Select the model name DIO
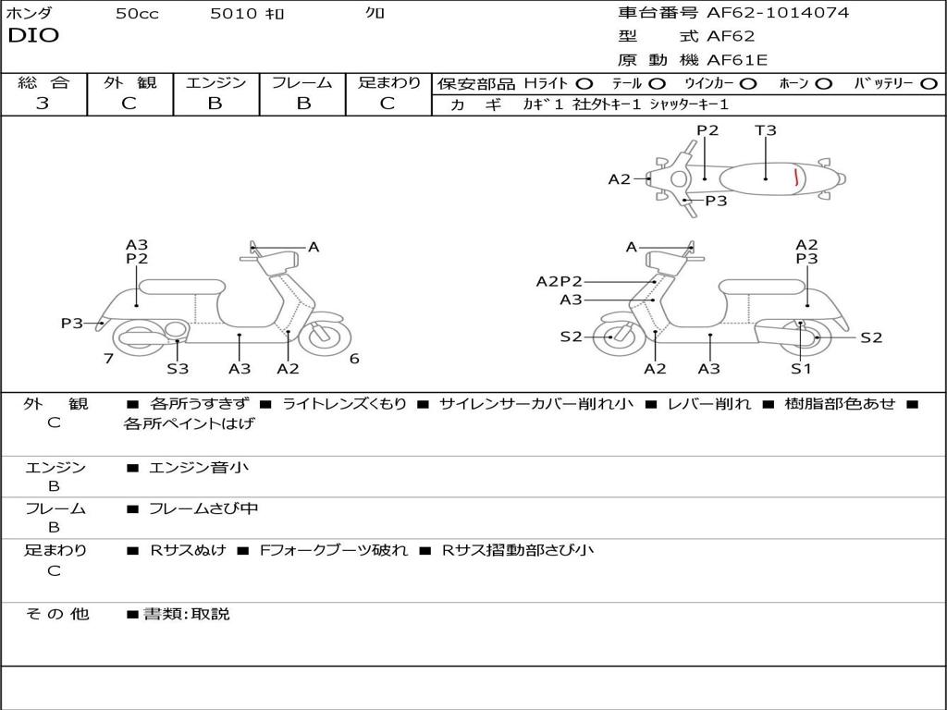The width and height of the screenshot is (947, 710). click(33, 36)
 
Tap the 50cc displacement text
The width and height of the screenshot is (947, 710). click(137, 14)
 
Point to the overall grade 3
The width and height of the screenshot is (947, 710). click(43, 104)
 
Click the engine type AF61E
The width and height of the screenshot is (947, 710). click(737, 61)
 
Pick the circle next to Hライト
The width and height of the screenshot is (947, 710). click(584, 83)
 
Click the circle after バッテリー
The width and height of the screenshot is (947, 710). click(929, 83)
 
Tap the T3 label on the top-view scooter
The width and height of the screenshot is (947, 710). click(766, 130)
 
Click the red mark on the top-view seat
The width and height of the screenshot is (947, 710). click(796, 177)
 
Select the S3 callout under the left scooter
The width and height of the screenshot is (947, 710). click(178, 369)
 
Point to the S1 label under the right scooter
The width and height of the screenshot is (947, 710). click(801, 369)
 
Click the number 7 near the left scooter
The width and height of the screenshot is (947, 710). click(108, 359)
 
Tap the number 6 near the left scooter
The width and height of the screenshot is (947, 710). click(354, 359)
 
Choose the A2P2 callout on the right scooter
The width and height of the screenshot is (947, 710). click(559, 282)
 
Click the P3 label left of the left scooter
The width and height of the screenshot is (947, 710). click(72, 324)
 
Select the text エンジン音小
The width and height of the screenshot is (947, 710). click(198, 468)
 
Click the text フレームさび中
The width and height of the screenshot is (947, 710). click(203, 508)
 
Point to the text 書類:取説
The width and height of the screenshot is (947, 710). click(186, 614)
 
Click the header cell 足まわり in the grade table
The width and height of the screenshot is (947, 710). click(388, 83)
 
